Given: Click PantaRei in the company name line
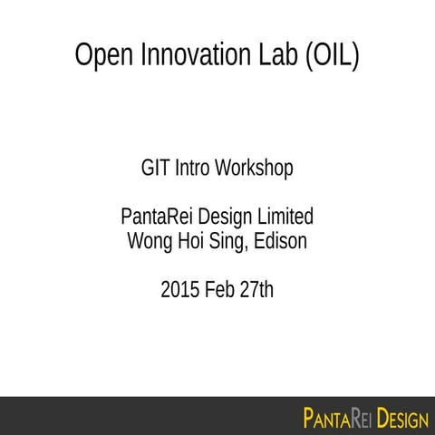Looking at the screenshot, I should point(154,217).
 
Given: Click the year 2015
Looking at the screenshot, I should point(179,291).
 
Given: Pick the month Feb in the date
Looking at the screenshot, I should point(219,291).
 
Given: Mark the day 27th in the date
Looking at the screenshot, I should point(256,291).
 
